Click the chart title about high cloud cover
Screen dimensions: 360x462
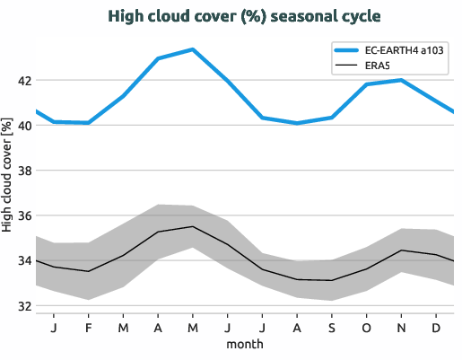pyautogui.click(x=231, y=16)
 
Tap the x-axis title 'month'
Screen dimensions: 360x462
pyautogui.click(x=244, y=344)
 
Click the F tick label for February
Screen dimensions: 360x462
pyautogui.click(x=89, y=327)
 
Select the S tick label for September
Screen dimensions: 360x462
pyautogui.click(x=332, y=327)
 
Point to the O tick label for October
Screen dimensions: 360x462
pyautogui.click(x=366, y=327)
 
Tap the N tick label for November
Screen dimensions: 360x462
pyautogui.click(x=401, y=327)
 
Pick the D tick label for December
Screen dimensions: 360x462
pyautogui.click(x=436, y=327)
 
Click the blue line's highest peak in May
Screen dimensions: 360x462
pyautogui.click(x=192, y=49)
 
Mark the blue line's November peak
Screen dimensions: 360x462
pyautogui.click(x=401, y=80)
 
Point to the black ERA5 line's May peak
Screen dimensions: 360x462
pyautogui.click(x=192, y=226)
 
